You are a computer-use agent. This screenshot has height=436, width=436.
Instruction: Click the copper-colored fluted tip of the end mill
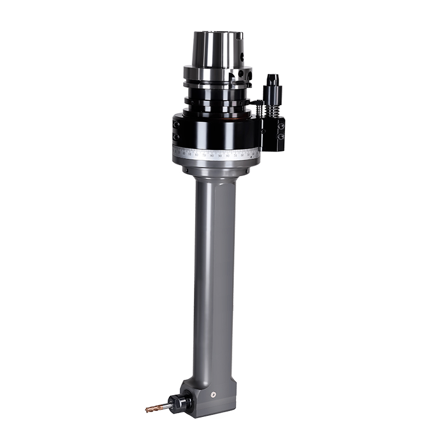tap(152, 408)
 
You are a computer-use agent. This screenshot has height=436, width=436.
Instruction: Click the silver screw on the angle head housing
tap(214, 393)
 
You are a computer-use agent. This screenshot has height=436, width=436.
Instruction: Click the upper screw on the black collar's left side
tap(176, 124)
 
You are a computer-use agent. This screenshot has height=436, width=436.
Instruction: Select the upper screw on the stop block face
tap(281, 126)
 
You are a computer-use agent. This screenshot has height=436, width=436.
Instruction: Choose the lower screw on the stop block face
tap(281, 138)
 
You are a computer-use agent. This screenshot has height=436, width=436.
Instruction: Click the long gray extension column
tap(214, 272)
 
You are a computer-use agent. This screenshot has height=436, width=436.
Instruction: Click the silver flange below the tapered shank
tap(216, 73)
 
